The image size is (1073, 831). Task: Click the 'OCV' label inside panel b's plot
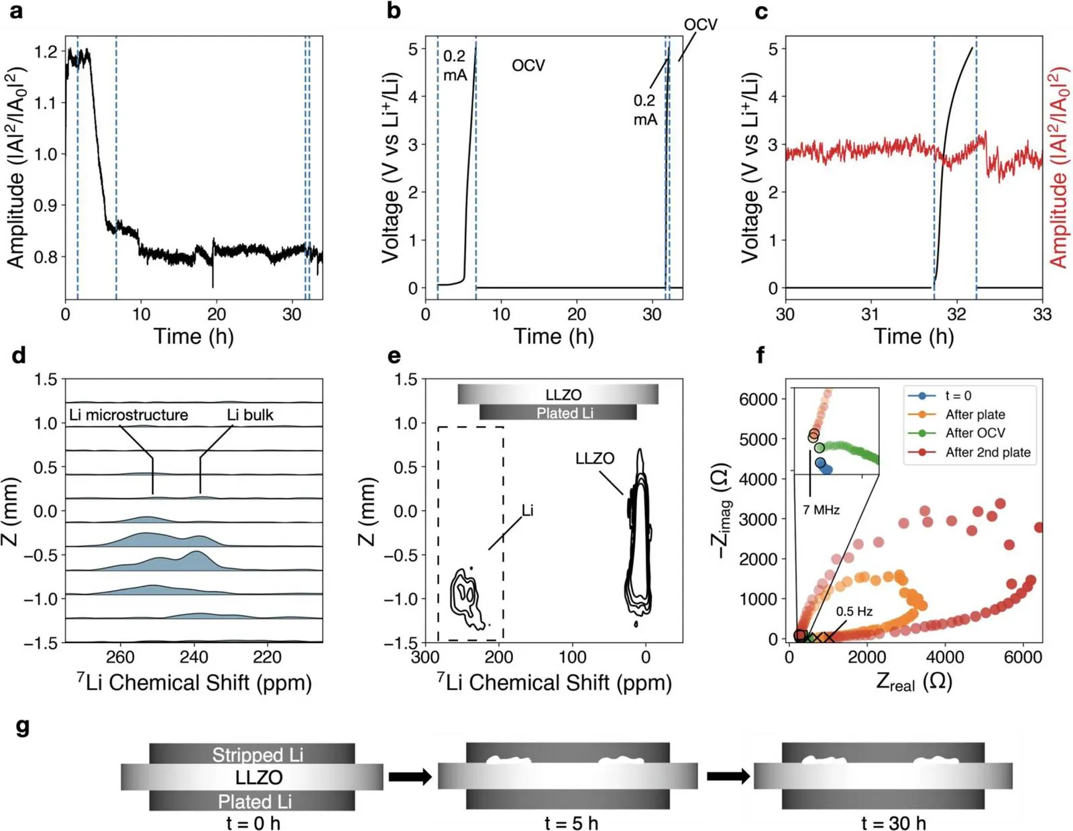tap(528, 66)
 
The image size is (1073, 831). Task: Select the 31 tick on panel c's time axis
tap(870, 314)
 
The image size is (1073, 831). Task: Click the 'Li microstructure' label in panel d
tap(128, 414)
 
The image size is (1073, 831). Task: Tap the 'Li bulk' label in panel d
tap(250, 414)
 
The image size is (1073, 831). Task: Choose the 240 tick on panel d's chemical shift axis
tap(194, 657)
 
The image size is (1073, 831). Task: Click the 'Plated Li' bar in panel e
tap(558, 412)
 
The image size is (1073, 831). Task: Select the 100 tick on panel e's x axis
tap(572, 657)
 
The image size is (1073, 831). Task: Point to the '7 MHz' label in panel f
tap(821, 510)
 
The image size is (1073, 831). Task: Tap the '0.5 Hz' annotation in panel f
tap(854, 611)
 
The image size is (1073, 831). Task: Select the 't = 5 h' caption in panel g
tap(571, 823)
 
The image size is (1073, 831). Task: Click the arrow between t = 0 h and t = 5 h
tap(410, 777)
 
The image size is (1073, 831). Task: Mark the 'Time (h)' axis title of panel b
tap(554, 337)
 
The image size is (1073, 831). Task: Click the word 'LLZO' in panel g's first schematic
tap(259, 777)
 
